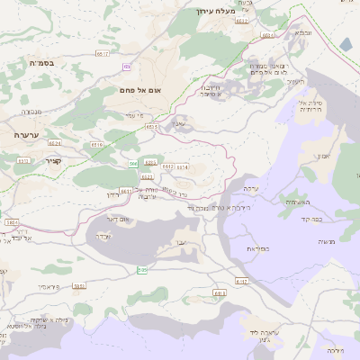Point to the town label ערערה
pyautogui.click(x=27, y=134)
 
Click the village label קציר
pyautogui.click(x=27, y=159)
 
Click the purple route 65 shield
pyautogui.click(x=127, y=67)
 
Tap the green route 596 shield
pyautogui.click(x=133, y=163)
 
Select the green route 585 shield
pyautogui.click(x=141, y=270)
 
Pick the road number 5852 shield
pyautogui.click(x=79, y=286)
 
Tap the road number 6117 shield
pyautogui.click(x=102, y=54)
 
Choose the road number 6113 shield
pyautogui.click(x=220, y=292)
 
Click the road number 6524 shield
pyautogui.click(x=56, y=143)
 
